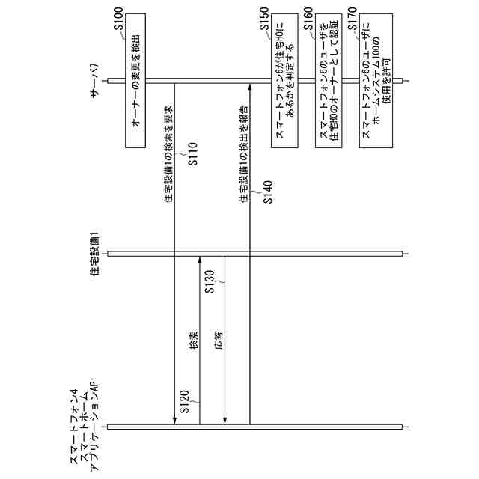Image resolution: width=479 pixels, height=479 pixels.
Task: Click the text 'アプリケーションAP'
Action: (x=95, y=427)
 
